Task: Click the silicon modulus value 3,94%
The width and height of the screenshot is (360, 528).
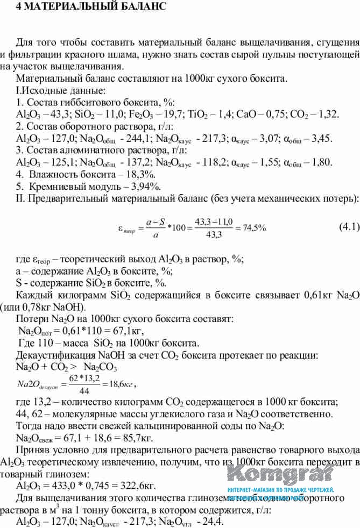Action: [x=143, y=187]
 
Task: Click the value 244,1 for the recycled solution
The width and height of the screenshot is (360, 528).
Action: [x=121, y=139]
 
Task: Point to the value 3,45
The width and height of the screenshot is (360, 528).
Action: [x=321, y=139]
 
